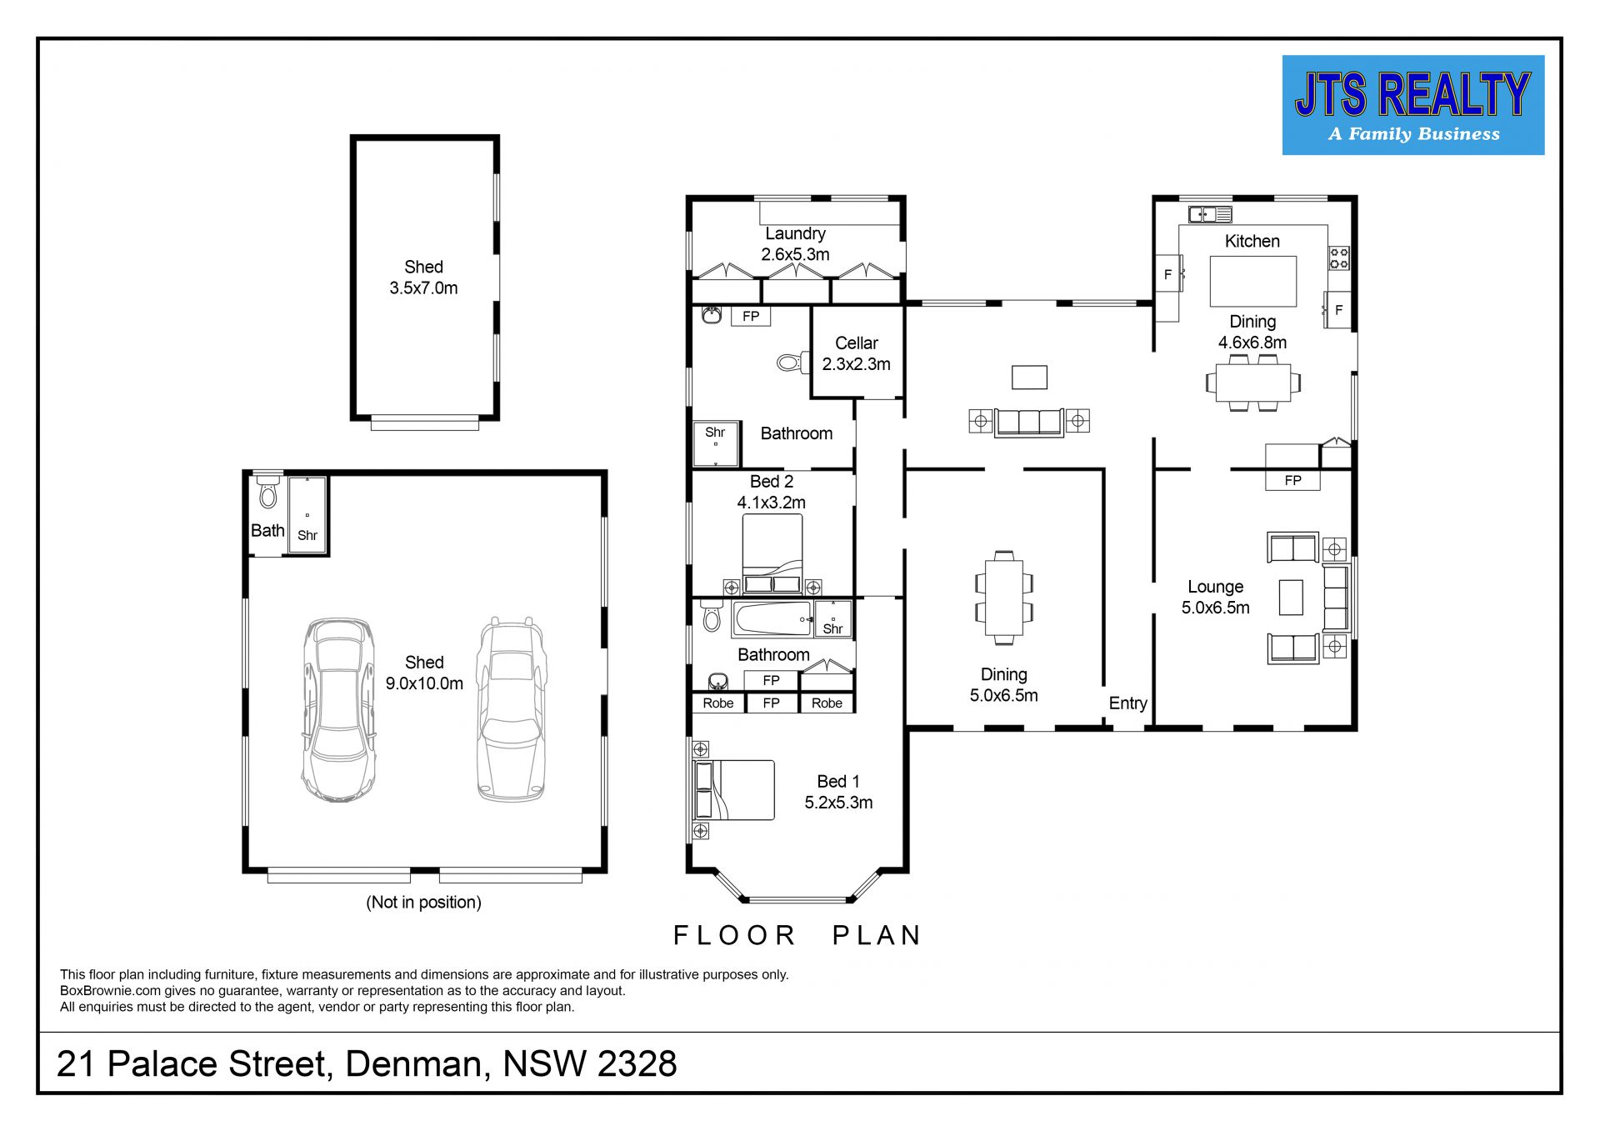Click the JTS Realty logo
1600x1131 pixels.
pyautogui.click(x=1412, y=105)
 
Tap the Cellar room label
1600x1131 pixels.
pyautogui.click(x=856, y=343)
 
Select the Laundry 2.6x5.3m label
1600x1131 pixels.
pyautogui.click(x=795, y=244)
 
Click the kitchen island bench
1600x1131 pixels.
pyautogui.click(x=1252, y=282)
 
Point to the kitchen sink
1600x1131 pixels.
pyautogui.click(x=1210, y=214)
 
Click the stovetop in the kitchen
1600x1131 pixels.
pyautogui.click(x=1338, y=257)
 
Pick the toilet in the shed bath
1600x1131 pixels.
pyautogui.click(x=267, y=492)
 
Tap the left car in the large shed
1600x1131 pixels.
pyautogui.click(x=337, y=710)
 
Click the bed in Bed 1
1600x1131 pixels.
pyautogui.click(x=733, y=790)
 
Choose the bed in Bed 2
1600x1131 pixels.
pyautogui.click(x=772, y=553)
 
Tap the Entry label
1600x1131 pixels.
pyautogui.click(x=1127, y=703)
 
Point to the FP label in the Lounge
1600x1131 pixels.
pyautogui.click(x=1292, y=480)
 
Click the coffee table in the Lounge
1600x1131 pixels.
pyautogui.click(x=1290, y=597)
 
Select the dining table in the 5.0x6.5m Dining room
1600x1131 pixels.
pyautogui.click(x=1003, y=598)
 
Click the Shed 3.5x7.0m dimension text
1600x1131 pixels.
pyautogui.click(x=423, y=288)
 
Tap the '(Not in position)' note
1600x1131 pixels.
pyautogui.click(x=423, y=902)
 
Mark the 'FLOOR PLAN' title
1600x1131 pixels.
pyautogui.click(x=797, y=935)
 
